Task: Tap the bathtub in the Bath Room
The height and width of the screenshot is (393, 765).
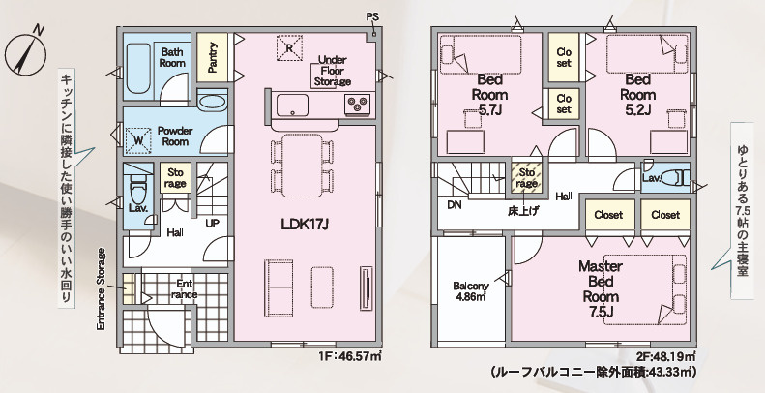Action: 138,68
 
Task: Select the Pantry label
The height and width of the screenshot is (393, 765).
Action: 212,57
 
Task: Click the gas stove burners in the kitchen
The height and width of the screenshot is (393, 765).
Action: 357,105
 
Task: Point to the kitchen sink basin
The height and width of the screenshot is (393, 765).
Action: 292,105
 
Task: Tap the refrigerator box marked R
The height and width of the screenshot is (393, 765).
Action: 289,47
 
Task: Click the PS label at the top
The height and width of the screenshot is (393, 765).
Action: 372,17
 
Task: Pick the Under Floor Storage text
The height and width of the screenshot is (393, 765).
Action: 333,71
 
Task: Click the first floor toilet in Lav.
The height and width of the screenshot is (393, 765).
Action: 138,191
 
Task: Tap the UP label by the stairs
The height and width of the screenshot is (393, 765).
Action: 212,223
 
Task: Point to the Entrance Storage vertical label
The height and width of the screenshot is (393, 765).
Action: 101,288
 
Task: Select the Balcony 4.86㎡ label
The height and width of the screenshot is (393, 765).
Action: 471,291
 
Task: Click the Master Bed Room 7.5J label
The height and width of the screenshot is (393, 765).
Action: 601,288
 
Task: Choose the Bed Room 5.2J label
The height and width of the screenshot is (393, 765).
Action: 637,94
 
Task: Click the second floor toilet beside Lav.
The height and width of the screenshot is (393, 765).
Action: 676,177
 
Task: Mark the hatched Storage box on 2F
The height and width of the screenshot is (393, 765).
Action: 526,177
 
